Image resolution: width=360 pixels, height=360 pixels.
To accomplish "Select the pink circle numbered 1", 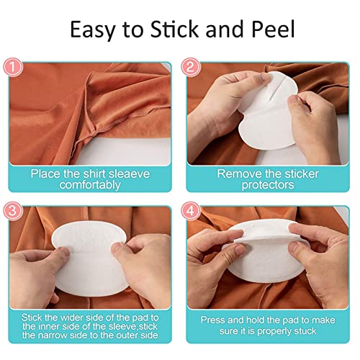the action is [x=13, y=67].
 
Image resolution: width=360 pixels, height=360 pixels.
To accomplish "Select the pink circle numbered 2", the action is [x=190, y=67].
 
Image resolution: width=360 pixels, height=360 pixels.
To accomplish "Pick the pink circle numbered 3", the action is [x=13, y=211].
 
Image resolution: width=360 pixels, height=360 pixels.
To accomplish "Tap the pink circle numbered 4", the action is [x=190, y=211].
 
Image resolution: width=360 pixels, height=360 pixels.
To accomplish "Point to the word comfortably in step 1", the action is [x=90, y=185].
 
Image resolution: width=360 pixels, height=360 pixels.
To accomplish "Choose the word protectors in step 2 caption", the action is [x=268, y=185].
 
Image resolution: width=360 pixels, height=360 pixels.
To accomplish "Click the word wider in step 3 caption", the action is [x=72, y=318].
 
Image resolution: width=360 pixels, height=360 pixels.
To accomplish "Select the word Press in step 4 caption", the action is [x=212, y=320].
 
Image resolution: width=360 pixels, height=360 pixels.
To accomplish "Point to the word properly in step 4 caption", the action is [x=274, y=331].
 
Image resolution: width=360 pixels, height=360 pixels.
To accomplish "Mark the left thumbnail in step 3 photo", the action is [x=64, y=251].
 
